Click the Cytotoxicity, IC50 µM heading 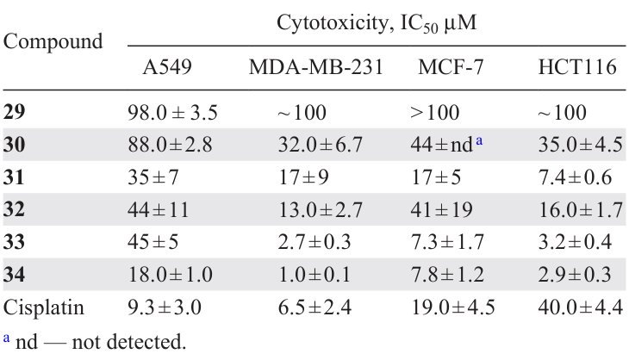377,23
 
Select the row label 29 15,112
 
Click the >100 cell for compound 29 436,112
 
